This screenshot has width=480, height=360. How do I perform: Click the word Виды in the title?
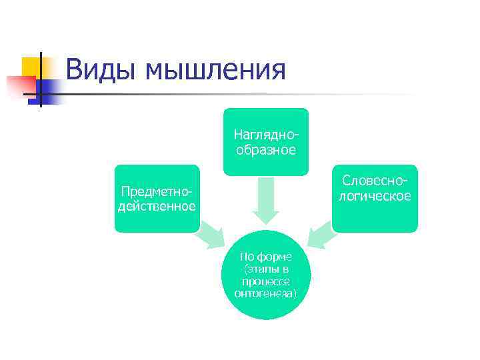click(x=100, y=70)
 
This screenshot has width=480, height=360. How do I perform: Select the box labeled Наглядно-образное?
click(x=266, y=142)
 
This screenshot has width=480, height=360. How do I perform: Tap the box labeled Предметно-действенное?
click(x=157, y=199)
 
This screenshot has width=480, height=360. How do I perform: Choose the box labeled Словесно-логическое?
click(x=375, y=199)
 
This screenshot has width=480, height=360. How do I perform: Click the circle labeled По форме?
click(x=266, y=275)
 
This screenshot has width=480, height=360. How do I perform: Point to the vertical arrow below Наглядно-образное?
click(x=266, y=200)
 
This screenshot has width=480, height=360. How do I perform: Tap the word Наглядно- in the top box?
click(x=266, y=135)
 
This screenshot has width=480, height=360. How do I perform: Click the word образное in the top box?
click(x=266, y=149)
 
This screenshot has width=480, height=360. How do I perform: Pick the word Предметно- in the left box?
click(x=157, y=192)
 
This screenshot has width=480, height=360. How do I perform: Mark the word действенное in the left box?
click(x=157, y=206)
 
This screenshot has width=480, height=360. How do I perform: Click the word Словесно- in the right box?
click(x=375, y=181)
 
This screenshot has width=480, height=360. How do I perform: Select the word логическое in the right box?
click(x=375, y=195)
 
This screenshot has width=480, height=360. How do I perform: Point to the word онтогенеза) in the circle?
click(x=266, y=293)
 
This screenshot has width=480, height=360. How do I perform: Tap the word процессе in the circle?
click(x=266, y=281)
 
